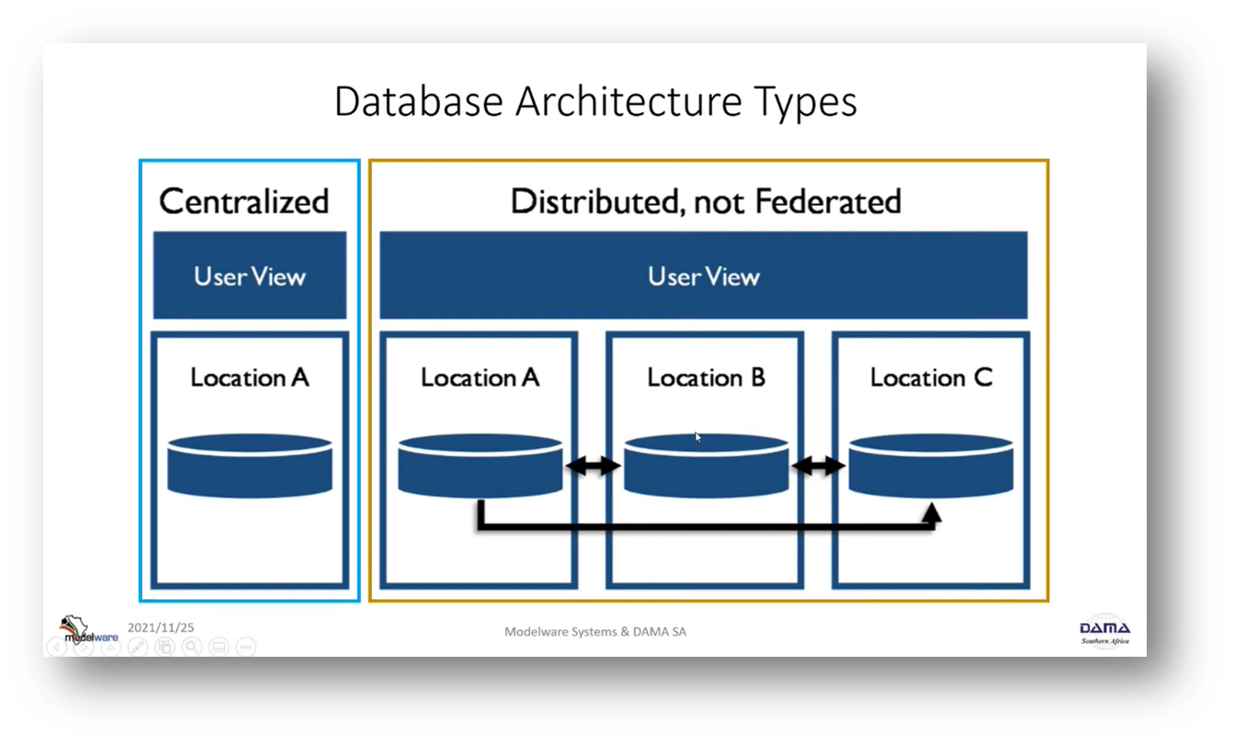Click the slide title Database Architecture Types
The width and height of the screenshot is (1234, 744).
pyautogui.click(x=595, y=103)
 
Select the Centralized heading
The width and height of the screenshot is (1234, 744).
pyautogui.click(x=244, y=201)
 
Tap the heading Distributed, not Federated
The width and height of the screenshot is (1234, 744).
pyautogui.click(x=706, y=201)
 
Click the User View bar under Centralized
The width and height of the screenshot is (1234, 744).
pyautogui.click(x=250, y=276)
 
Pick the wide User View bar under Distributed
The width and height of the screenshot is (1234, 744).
pyautogui.click(x=704, y=276)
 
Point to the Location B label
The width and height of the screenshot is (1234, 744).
pyautogui.click(x=706, y=378)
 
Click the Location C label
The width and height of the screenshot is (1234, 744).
pyautogui.click(x=931, y=378)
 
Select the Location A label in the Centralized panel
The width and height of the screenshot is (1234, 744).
pyautogui.click(x=250, y=378)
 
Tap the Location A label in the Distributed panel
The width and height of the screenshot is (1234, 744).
pyautogui.click(x=480, y=378)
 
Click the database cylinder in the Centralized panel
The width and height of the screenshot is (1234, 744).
pyautogui.click(x=250, y=466)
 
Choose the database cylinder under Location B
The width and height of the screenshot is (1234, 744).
pyautogui.click(x=706, y=466)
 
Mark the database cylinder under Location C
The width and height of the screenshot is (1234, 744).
pyautogui.click(x=931, y=466)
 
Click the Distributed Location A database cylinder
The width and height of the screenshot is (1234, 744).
pyautogui.click(x=480, y=466)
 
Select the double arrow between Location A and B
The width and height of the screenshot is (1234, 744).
pyautogui.click(x=593, y=466)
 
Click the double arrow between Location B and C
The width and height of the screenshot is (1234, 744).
pyautogui.click(x=818, y=466)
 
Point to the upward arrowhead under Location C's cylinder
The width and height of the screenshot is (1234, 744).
pyautogui.click(x=931, y=513)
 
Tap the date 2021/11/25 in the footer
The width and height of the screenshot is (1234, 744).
pyautogui.click(x=161, y=627)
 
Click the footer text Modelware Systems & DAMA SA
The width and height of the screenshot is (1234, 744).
pyautogui.click(x=595, y=632)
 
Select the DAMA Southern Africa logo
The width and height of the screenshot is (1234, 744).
pyautogui.click(x=1104, y=632)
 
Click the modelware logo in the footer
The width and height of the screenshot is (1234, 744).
pyautogui.click(x=88, y=630)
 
